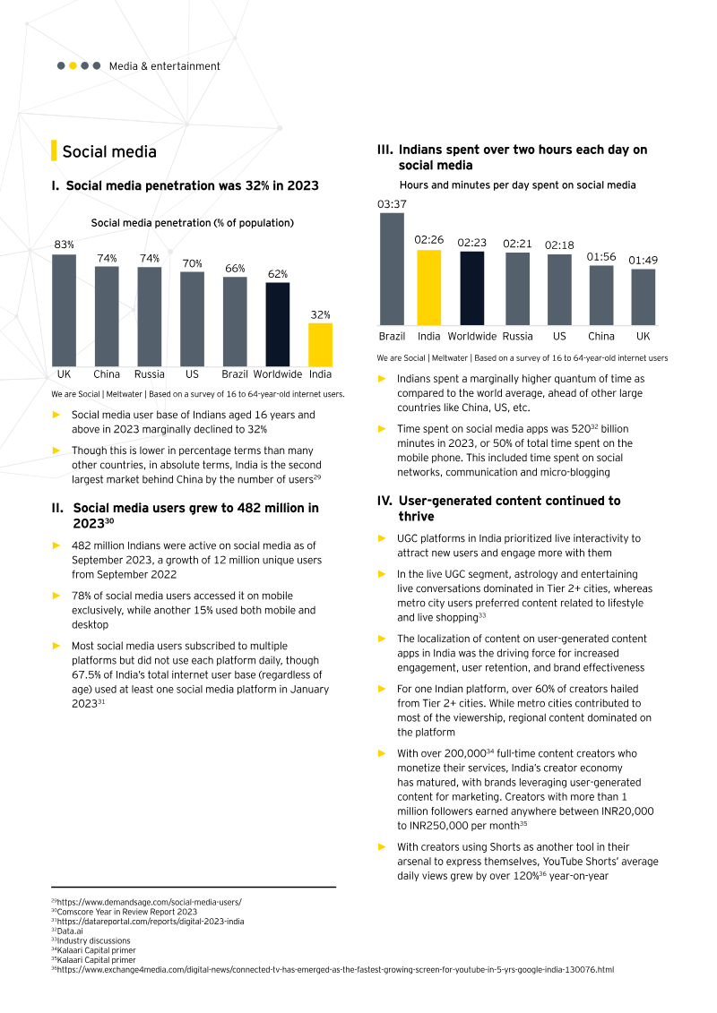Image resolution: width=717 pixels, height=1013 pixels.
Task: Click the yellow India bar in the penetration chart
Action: click(320, 344)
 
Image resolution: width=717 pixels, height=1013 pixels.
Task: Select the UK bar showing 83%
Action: click(64, 309)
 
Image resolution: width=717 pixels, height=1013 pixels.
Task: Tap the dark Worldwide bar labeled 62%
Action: click(277, 323)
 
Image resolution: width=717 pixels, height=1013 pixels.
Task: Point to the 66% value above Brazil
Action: click(235, 269)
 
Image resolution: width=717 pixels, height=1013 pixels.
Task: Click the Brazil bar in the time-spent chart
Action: click(392, 268)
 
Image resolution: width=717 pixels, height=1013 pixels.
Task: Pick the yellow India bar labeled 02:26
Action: click(429, 287)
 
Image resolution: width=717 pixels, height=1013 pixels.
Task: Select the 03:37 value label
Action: click(392, 205)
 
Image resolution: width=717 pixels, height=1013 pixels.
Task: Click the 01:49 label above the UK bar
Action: click(643, 261)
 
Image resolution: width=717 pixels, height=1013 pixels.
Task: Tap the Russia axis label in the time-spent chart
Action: click(517, 337)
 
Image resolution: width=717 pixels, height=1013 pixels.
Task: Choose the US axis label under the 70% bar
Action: click(192, 374)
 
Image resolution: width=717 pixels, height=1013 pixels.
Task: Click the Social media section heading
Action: click(109, 151)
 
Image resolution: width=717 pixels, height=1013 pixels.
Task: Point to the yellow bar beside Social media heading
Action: click(55, 150)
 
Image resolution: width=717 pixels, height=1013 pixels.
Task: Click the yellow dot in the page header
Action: click(73, 65)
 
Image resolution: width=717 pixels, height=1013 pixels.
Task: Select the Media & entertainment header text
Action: click(164, 66)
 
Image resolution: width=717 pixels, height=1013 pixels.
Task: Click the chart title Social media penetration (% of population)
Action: click(193, 222)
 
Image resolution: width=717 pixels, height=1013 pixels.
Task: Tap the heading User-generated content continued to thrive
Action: click(509, 509)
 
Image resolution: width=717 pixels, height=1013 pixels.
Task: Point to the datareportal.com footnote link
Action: click(150, 921)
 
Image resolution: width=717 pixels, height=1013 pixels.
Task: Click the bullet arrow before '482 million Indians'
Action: click(56, 545)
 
